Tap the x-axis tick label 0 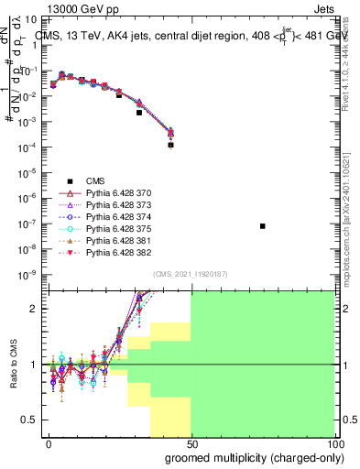[x=49, y=442]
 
